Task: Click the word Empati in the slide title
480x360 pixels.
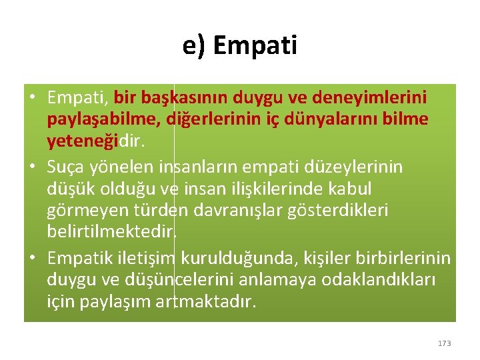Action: pyautogui.click(x=256, y=46)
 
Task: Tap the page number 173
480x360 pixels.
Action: pyautogui.click(x=444, y=343)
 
